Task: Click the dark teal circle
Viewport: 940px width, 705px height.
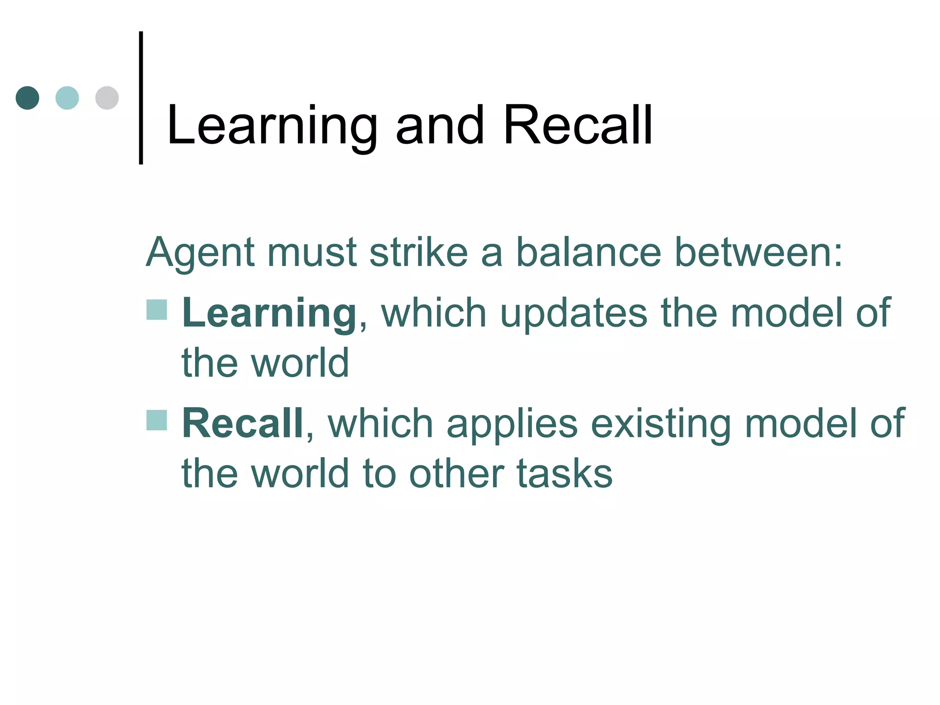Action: tap(28, 98)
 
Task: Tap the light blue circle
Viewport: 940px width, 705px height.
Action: tap(67, 98)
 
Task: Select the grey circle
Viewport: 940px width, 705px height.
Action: tap(107, 98)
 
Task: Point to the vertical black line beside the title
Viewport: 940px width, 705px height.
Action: tap(141, 97)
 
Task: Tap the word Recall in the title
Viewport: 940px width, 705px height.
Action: tap(577, 125)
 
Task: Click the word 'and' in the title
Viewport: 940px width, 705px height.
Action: tap(440, 125)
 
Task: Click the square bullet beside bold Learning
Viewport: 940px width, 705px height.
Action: tap(157, 309)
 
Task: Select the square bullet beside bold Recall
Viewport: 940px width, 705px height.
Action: tap(157, 420)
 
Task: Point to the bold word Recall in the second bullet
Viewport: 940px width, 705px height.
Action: tap(242, 423)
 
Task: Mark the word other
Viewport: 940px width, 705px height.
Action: tap(456, 474)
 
